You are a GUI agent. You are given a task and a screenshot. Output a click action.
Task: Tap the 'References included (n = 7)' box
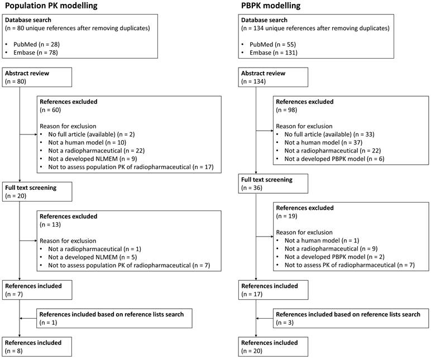tap(37, 290)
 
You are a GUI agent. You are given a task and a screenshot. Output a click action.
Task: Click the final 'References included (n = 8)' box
tap(37, 346)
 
